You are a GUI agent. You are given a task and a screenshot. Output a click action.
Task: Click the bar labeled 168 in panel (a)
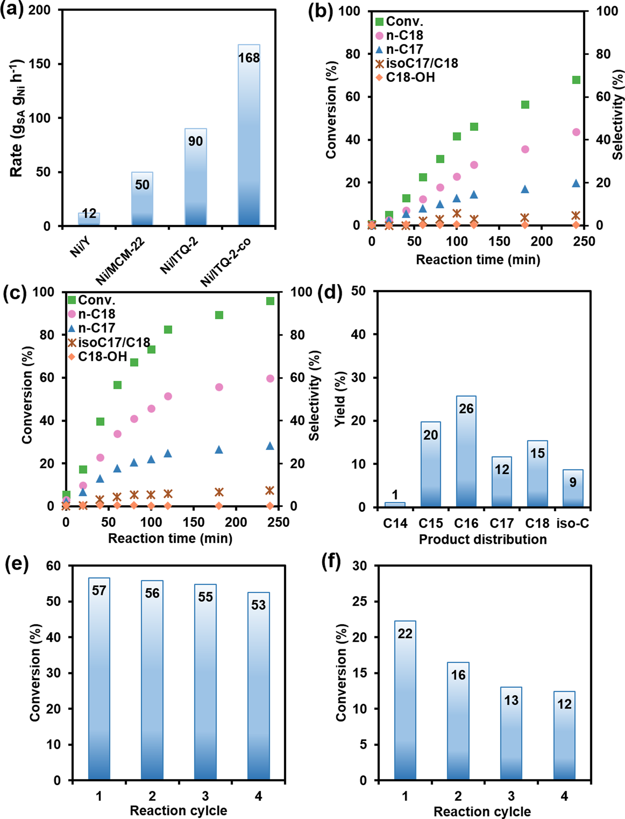pyautogui.click(x=249, y=138)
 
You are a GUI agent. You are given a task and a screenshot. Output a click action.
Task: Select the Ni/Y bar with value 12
pyautogui.click(x=89, y=219)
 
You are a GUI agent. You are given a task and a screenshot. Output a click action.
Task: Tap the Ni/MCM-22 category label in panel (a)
pyautogui.click(x=120, y=261)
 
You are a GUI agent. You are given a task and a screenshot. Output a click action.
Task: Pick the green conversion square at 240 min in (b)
pyautogui.click(x=576, y=80)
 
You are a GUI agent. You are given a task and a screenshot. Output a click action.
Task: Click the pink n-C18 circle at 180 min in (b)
pyautogui.click(x=525, y=149)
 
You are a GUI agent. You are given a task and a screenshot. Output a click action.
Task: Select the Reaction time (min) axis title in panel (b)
pyautogui.click(x=478, y=260)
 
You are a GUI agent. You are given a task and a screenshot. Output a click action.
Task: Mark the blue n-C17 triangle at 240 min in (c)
pyautogui.click(x=270, y=446)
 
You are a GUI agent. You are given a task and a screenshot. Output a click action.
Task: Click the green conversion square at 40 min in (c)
pyautogui.click(x=100, y=422)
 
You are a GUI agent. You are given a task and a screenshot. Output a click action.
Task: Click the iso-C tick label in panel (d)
pyautogui.click(x=572, y=523)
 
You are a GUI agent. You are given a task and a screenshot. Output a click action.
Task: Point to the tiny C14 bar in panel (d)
pyautogui.click(x=395, y=504)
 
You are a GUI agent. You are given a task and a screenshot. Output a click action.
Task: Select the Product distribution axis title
pyautogui.click(x=482, y=539)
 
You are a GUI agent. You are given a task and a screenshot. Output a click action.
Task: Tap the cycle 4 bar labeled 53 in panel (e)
pyautogui.click(x=258, y=688)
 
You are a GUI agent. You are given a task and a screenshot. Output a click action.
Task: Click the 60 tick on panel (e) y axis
pyautogui.click(x=54, y=566)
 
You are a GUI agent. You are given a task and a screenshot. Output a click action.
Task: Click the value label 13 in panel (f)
pyautogui.click(x=511, y=701)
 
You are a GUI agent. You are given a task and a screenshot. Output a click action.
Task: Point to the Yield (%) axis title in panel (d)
pyautogui.click(x=340, y=399)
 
